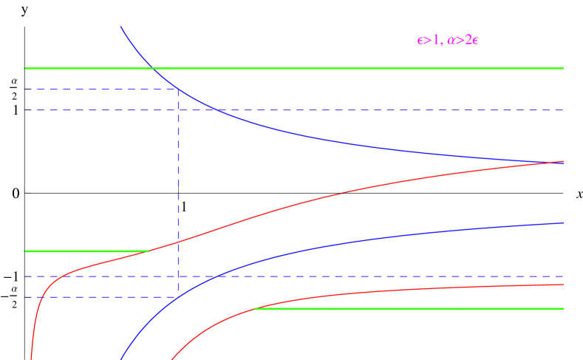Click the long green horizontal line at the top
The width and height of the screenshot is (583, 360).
pyautogui.click(x=355, y=68)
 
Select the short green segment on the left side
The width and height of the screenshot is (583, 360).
pyautogui.click(x=86, y=251)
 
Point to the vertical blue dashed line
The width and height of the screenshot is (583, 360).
pyautogui.click(x=178, y=192)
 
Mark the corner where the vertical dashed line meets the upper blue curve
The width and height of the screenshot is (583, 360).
pyautogui.click(x=178, y=89)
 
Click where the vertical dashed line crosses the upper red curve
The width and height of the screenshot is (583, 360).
pyautogui.click(x=178, y=242)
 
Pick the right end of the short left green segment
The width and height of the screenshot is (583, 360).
pyautogui.click(x=149, y=251)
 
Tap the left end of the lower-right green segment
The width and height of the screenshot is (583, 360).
pyautogui.click(x=255, y=308)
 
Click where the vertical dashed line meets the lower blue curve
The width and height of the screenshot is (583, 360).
pyautogui.click(x=178, y=297)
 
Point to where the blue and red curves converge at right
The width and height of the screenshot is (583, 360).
pyautogui.click(x=561, y=162)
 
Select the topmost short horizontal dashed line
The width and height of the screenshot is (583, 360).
pyautogui.click(x=100, y=89)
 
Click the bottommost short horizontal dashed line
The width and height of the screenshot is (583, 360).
pyautogui.click(x=100, y=297)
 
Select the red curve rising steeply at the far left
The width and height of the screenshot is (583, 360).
pyautogui.click(x=37, y=310)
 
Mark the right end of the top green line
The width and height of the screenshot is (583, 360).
pyautogui.click(x=563, y=68)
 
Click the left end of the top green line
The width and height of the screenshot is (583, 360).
pyautogui.click(x=25, y=68)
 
